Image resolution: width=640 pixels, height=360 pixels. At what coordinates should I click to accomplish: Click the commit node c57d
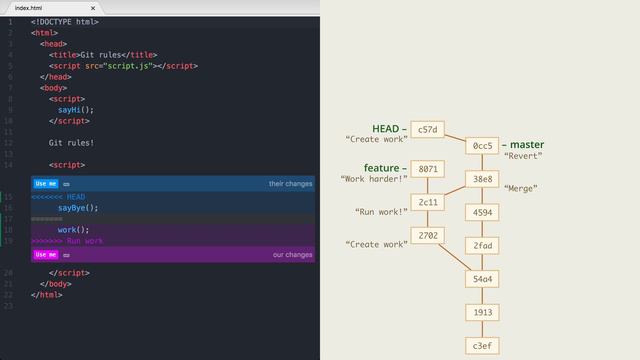click(427, 129)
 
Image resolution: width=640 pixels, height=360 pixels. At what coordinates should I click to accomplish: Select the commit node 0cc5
click(482, 146)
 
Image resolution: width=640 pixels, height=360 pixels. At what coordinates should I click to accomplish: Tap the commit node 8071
click(427, 169)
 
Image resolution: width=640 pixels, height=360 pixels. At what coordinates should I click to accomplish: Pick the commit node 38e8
click(482, 179)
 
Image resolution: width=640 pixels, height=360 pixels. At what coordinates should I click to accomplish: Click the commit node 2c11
click(427, 202)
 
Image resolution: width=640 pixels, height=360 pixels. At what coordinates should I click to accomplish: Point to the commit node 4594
click(482, 212)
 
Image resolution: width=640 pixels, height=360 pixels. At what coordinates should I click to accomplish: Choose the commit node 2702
click(427, 235)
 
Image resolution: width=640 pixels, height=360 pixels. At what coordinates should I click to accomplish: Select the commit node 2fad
click(482, 245)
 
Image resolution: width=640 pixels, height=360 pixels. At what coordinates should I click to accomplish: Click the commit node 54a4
click(482, 278)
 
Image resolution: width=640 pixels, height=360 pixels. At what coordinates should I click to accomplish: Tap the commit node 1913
click(482, 312)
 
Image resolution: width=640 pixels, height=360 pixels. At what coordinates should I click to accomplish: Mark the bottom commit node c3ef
click(482, 345)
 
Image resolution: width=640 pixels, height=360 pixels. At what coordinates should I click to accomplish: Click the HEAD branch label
click(385, 129)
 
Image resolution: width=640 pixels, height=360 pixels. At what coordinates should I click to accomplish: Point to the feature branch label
click(381, 168)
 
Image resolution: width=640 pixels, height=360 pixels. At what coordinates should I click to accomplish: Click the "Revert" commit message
click(523, 156)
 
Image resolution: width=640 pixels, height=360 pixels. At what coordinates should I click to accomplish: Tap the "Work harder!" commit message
click(374, 179)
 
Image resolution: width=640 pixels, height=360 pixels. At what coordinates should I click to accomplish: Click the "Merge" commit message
click(521, 188)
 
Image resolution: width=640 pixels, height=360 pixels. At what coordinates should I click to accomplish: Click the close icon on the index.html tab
click(92, 8)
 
